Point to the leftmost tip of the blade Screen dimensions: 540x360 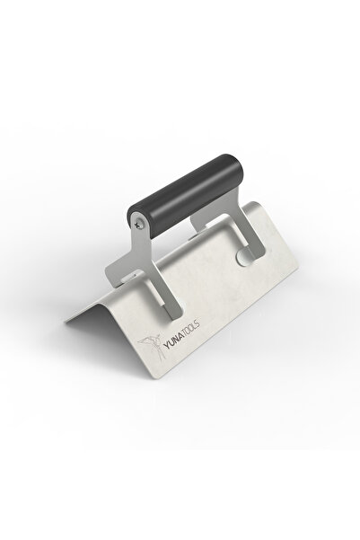[x=65, y=318]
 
